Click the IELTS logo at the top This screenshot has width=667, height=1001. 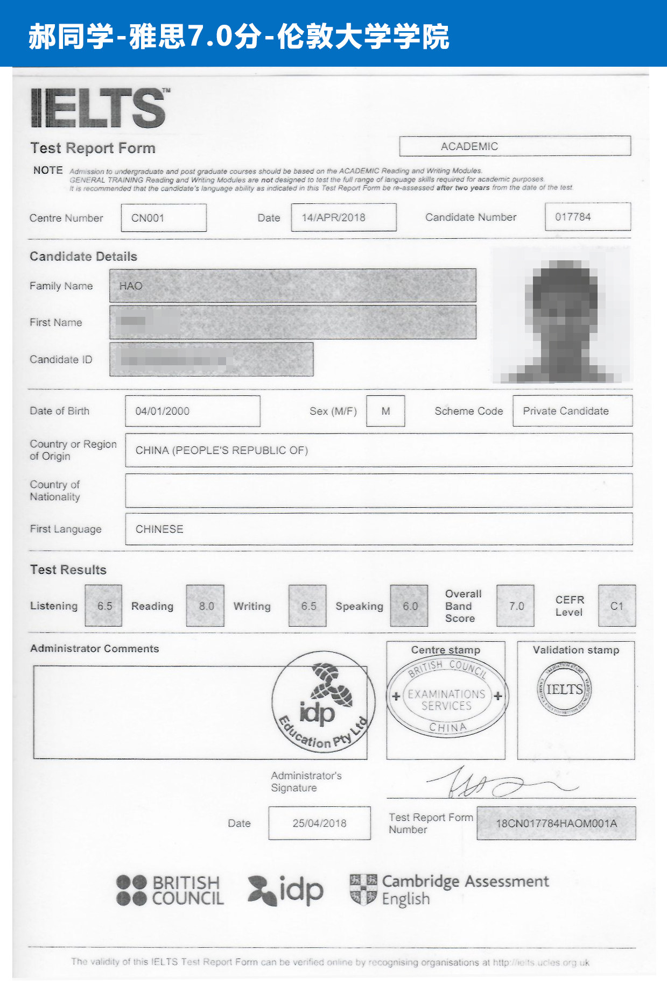100,108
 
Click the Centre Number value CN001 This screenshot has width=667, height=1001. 148,218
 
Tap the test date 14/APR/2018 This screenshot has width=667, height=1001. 334,217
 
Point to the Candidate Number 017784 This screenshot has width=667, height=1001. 573,217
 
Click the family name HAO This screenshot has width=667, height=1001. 131,286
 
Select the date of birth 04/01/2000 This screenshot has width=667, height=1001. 163,411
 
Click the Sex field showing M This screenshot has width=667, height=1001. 385,411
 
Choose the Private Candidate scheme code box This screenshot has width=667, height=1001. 566,411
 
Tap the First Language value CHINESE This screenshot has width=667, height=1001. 159,529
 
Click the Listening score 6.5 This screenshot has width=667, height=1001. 104,606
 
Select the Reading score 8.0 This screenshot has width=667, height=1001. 206,606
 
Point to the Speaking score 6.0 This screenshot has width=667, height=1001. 410,606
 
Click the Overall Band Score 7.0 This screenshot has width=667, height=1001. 516,606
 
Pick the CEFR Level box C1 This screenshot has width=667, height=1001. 617,606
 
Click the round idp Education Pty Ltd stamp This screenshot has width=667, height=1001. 323,701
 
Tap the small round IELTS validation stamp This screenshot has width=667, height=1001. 564,688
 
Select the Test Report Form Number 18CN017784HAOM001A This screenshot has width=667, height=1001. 556,823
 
